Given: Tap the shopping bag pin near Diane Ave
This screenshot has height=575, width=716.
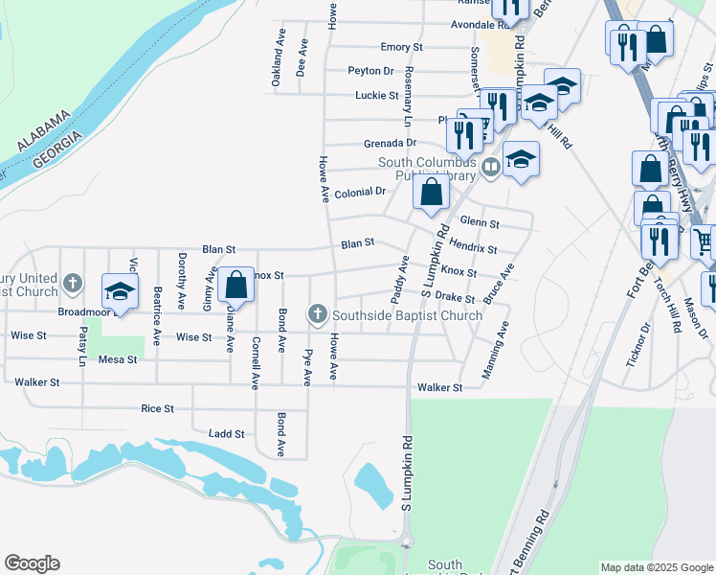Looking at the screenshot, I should pos(235,286).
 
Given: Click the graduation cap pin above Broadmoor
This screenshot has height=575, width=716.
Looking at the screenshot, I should pos(121,291).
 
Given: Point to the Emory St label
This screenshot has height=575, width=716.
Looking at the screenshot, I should pos(401,47).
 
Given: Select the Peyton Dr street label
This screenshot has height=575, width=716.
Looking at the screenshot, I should pos(370,71).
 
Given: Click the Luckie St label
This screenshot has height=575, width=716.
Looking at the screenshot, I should pos(376,96).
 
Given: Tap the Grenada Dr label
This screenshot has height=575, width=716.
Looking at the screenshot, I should pos(390,144).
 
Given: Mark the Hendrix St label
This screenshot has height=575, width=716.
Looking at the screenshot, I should pos(473,248).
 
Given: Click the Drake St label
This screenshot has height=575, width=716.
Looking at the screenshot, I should pos(455,299).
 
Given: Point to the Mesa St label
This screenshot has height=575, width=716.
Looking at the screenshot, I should pos(119,360).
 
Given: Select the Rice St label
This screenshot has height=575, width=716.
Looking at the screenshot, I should pos(157,408).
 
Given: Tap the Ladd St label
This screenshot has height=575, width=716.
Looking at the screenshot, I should pos(227,434).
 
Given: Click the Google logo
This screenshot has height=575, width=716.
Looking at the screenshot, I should pos(32,563).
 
